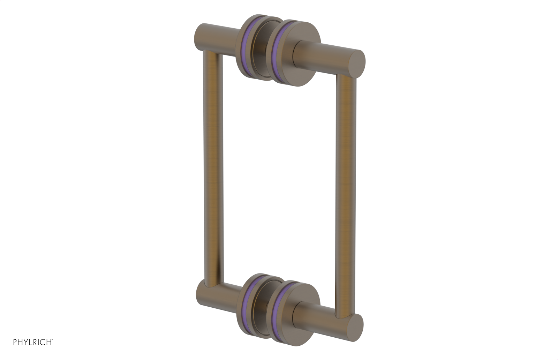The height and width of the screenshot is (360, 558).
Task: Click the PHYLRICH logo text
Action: tap(33, 342)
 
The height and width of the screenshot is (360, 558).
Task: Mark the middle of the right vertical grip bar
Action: tap(345, 195)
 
